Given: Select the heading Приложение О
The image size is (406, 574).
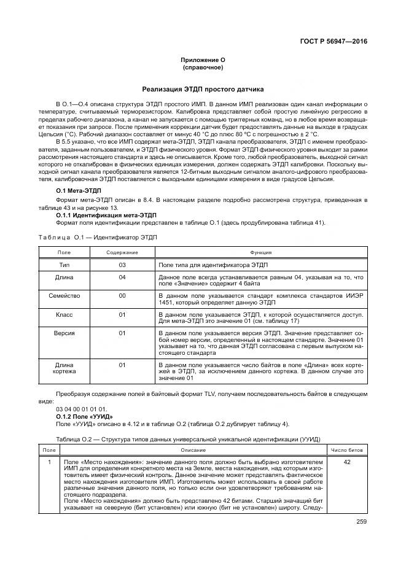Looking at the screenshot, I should (x=203, y=59).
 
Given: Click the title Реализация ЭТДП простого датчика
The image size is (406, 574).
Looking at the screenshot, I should (x=203, y=88).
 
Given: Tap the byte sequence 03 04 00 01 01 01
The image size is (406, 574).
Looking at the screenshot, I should (x=80, y=409).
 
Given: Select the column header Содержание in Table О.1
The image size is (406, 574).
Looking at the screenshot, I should (x=122, y=252).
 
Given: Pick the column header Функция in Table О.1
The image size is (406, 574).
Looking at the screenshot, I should (x=260, y=252).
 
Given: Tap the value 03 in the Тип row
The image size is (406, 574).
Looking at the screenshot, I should (x=122, y=265).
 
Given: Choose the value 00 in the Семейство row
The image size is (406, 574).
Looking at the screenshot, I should (x=122, y=295).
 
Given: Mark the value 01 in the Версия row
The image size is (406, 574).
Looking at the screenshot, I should (x=122, y=333).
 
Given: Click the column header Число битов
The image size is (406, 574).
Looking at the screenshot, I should (x=347, y=450).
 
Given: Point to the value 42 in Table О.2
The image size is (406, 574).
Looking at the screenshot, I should (x=347, y=462).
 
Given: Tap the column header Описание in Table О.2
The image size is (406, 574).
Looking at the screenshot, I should (x=193, y=450).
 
